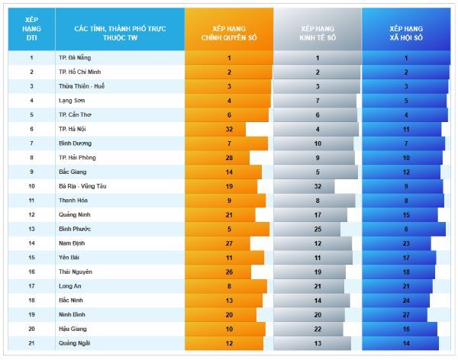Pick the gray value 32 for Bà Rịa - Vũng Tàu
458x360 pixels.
pyautogui.click(x=318, y=186)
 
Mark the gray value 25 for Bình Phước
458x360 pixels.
pyautogui.click(x=318, y=229)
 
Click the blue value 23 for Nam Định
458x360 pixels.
pyautogui.click(x=406, y=243)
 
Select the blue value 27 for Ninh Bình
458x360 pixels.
pyautogui.click(x=406, y=314)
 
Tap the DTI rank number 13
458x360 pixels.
pyautogui.click(x=32, y=229)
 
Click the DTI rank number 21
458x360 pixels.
pyautogui.click(x=32, y=343)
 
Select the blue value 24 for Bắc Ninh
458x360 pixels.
pyautogui.click(x=406, y=301)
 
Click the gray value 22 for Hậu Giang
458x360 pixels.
pyautogui.click(x=318, y=329)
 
